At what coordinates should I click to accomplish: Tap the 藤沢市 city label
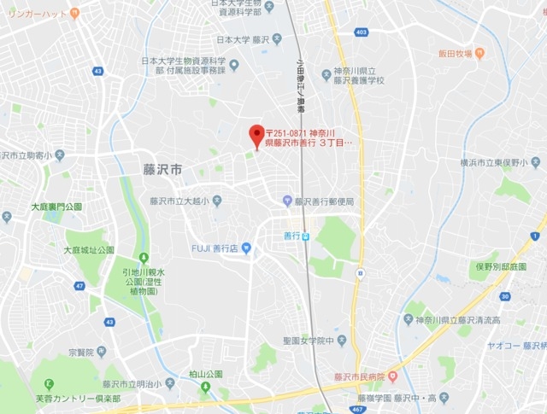click(x=162, y=170)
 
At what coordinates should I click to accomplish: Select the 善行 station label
click(x=293, y=236)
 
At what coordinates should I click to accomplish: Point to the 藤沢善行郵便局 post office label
click(x=324, y=201)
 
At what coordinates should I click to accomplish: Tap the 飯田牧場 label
click(x=456, y=54)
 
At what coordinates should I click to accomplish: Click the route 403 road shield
click(x=362, y=32)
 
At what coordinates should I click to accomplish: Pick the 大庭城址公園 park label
click(x=89, y=250)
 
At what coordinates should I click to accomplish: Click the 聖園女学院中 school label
click(x=306, y=340)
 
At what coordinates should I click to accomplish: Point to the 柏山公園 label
click(x=205, y=374)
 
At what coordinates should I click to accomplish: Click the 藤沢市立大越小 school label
click(x=179, y=201)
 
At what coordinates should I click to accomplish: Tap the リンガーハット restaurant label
click(x=38, y=13)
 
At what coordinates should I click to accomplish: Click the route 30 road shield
click(x=505, y=296)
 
